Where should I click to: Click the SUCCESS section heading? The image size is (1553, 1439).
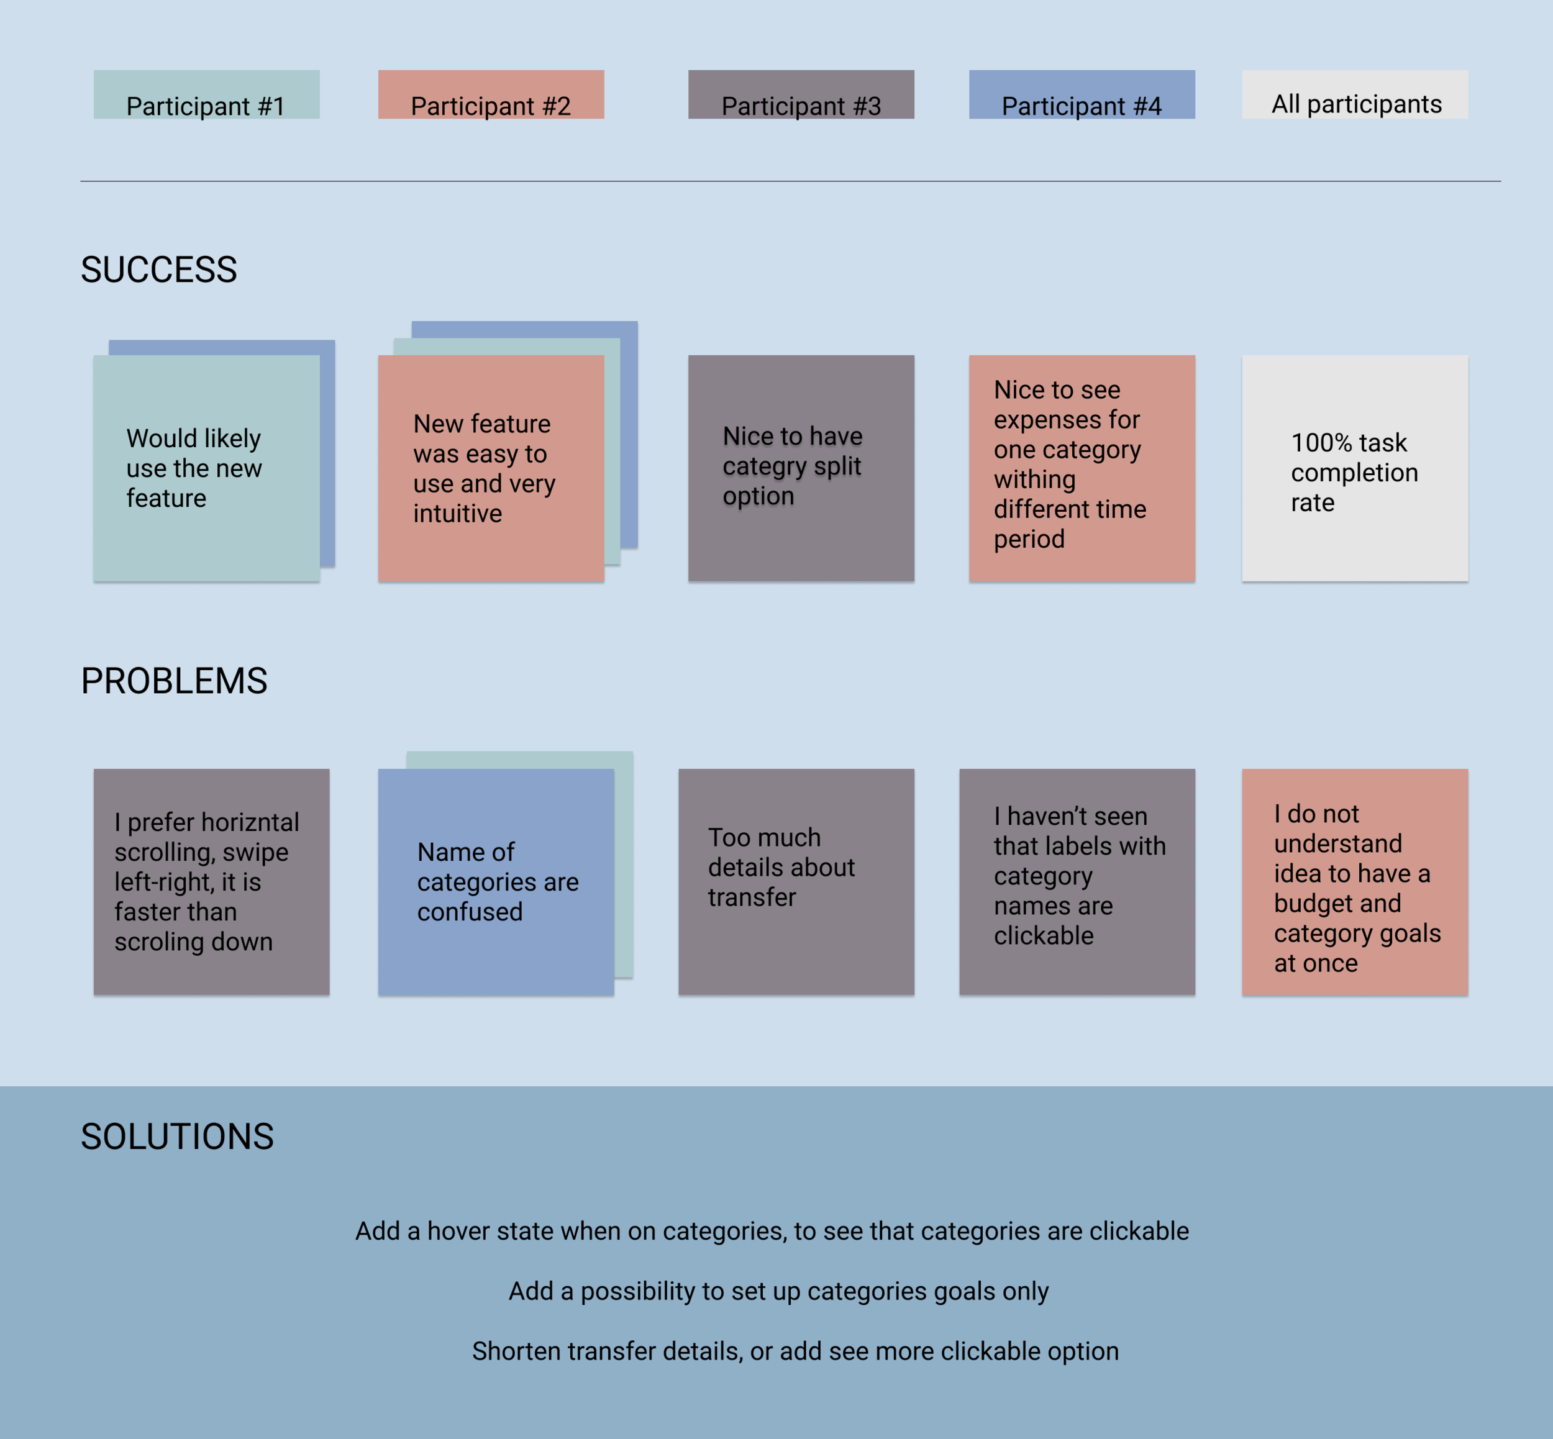(159, 270)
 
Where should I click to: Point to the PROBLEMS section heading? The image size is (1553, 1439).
(174, 681)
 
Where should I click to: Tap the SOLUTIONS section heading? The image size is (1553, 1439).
(177, 1136)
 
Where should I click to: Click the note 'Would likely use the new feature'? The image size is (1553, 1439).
(206, 468)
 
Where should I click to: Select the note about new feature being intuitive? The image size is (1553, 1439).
(491, 468)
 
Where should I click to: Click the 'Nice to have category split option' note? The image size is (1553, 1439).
(801, 468)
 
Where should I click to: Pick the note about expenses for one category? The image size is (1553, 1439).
(1081, 468)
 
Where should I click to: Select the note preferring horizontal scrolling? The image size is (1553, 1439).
(211, 881)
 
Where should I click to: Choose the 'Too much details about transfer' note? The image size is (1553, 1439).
(796, 881)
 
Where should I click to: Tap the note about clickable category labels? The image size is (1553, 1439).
(1077, 881)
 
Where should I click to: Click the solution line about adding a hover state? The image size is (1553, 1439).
(772, 1230)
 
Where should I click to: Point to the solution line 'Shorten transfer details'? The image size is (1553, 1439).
(795, 1351)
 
